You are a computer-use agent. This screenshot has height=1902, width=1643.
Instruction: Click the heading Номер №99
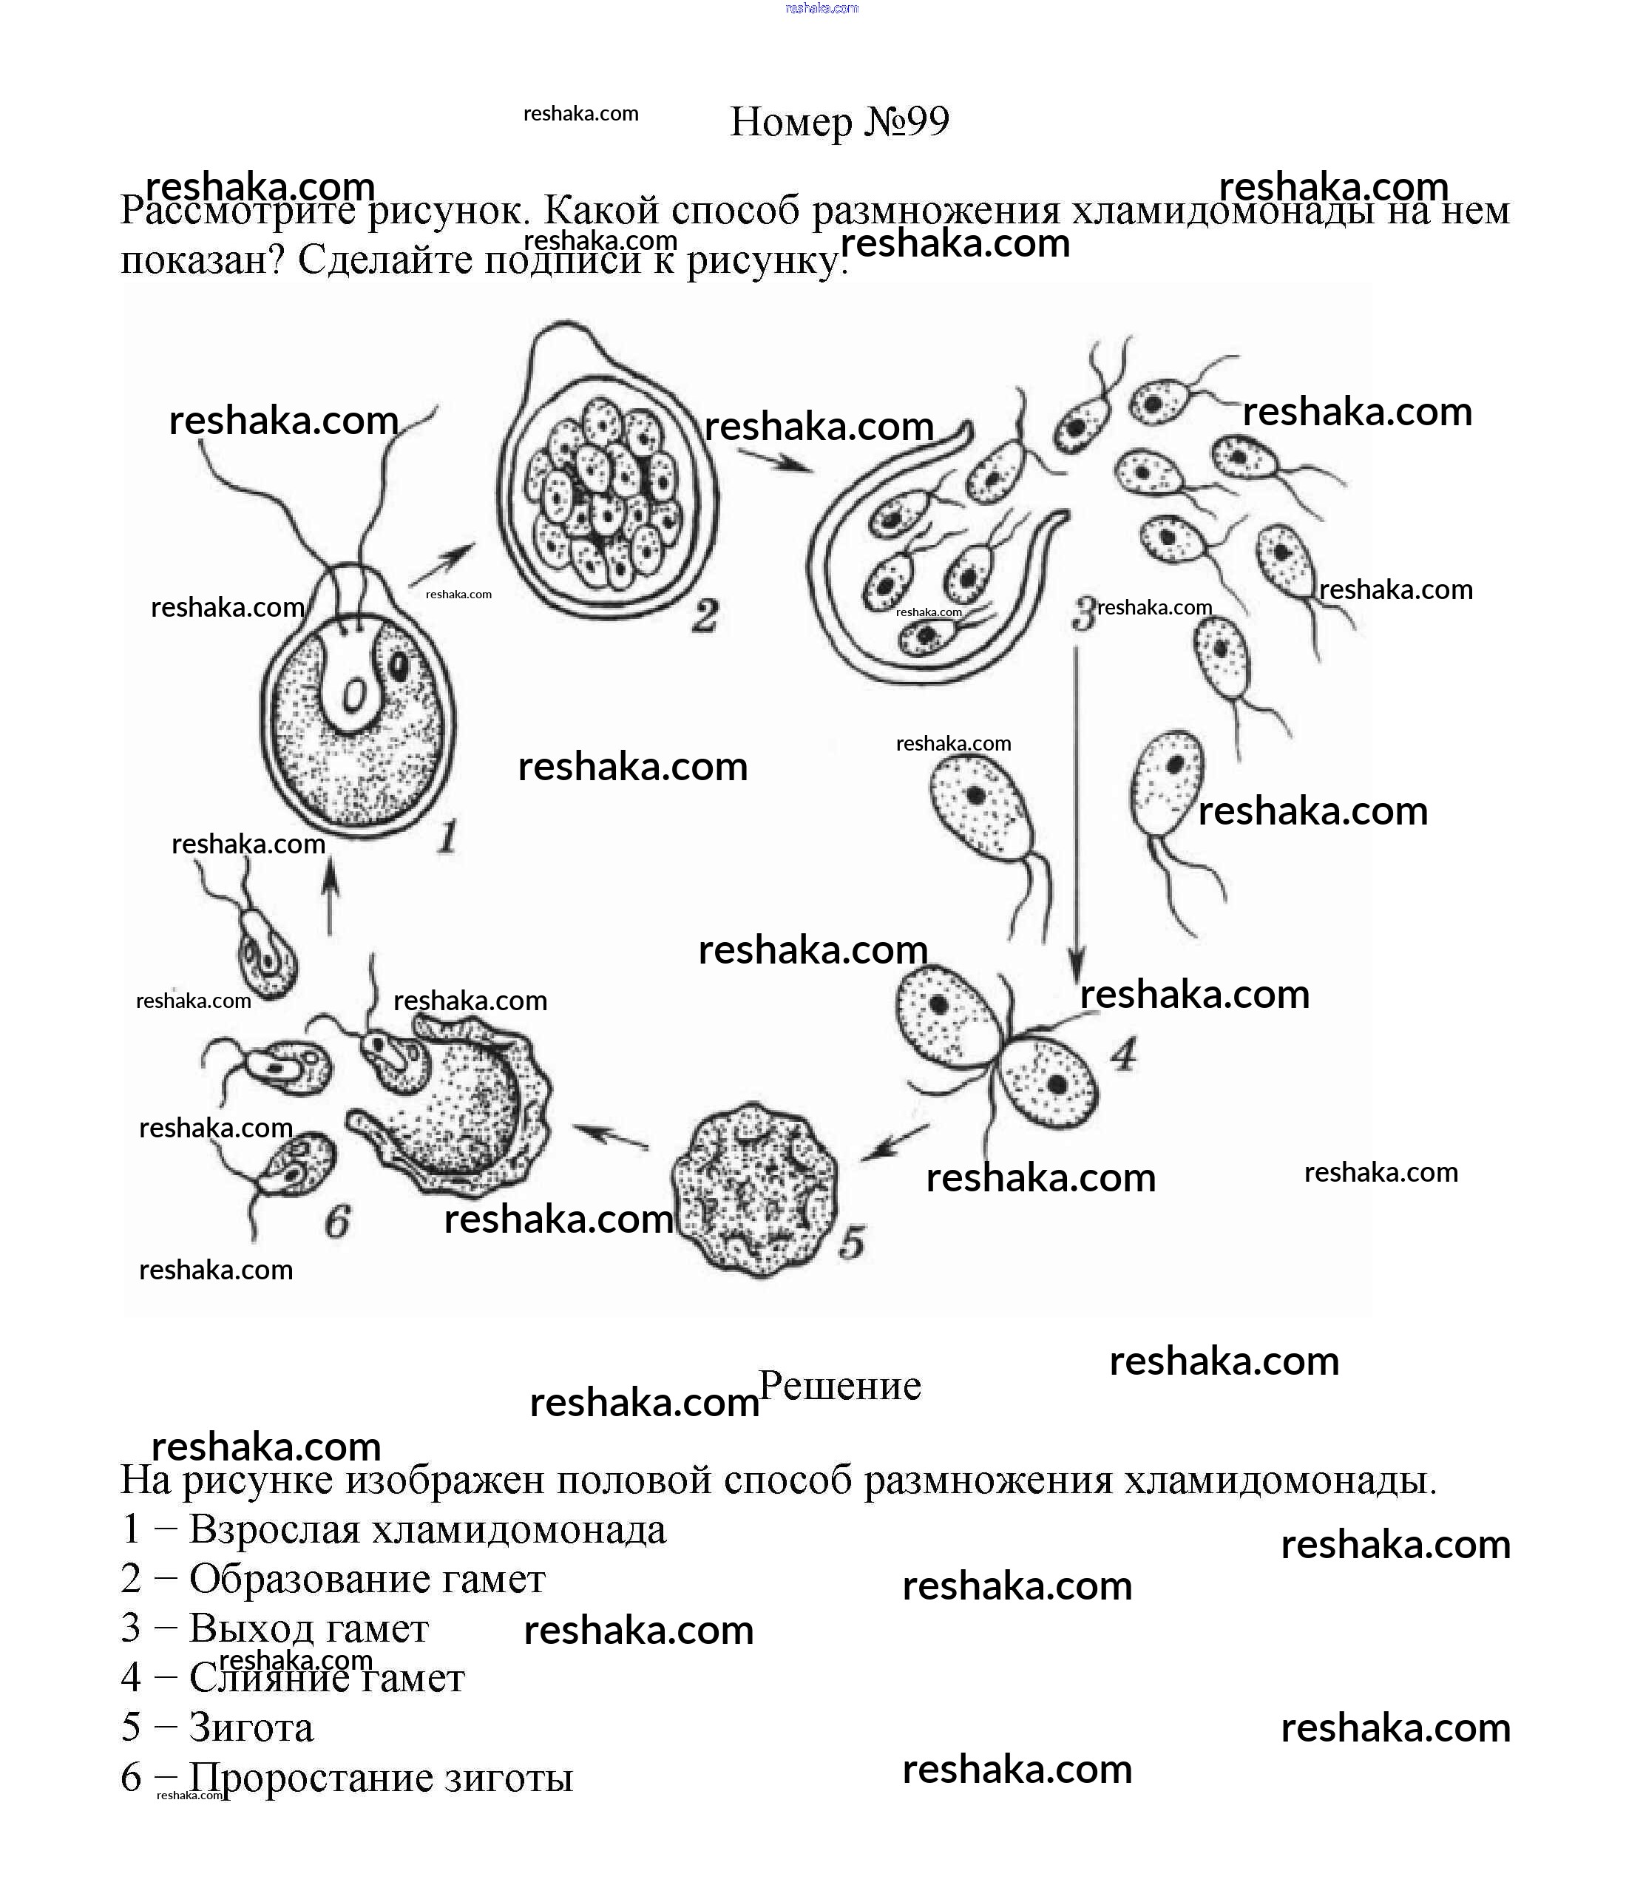coord(839,122)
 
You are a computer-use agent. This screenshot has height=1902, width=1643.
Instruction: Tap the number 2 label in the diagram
coord(704,615)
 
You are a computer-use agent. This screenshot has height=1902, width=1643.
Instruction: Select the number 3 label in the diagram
coord(1084,613)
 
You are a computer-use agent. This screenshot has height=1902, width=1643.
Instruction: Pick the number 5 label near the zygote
coord(852,1243)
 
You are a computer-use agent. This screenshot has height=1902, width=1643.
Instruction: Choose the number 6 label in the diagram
coord(338,1222)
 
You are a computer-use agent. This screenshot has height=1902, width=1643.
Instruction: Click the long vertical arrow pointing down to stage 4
coord(1077,808)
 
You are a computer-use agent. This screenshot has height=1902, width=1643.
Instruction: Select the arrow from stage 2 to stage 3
coord(776,460)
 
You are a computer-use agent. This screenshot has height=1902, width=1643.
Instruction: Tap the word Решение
coord(840,1386)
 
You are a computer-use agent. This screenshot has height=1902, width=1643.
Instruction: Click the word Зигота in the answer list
coord(251,1727)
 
